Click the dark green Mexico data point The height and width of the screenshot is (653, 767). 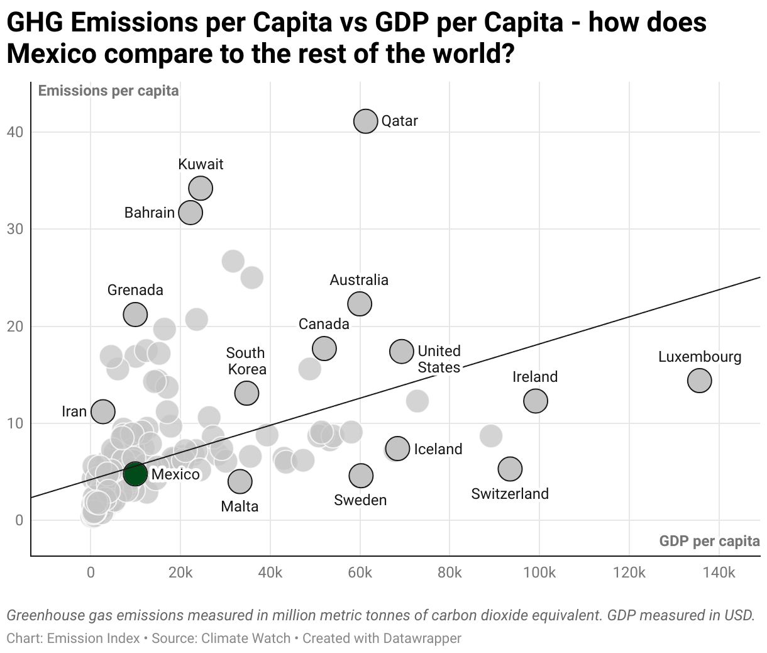pyautogui.click(x=135, y=473)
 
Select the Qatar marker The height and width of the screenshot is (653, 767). pyautogui.click(x=365, y=121)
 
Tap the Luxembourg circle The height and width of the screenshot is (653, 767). pyautogui.click(x=699, y=380)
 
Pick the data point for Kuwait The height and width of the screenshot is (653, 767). pyautogui.click(x=201, y=187)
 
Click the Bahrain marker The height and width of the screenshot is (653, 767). pyautogui.click(x=190, y=213)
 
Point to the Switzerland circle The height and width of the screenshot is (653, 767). pyautogui.click(x=510, y=468)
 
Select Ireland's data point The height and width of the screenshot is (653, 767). pyautogui.click(x=535, y=400)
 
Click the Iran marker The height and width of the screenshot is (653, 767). pyautogui.click(x=103, y=411)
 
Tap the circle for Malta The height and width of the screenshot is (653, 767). pyautogui.click(x=240, y=481)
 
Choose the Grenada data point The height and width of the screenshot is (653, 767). pyautogui.click(x=135, y=314)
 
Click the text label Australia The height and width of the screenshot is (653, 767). pyautogui.click(x=359, y=280)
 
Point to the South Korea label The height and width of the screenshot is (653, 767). pyautogui.click(x=246, y=361)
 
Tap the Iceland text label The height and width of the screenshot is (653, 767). pyautogui.click(x=438, y=449)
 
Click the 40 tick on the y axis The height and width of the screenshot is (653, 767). pyautogui.click(x=15, y=132)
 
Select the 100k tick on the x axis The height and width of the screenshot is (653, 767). pyautogui.click(x=539, y=572)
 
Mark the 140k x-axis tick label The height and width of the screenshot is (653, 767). pyautogui.click(x=719, y=572)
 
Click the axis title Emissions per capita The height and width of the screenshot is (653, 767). pyautogui.click(x=108, y=91)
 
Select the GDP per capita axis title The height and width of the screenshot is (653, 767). pyautogui.click(x=709, y=541)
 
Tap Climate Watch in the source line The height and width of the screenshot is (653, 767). pyautogui.click(x=246, y=639)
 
